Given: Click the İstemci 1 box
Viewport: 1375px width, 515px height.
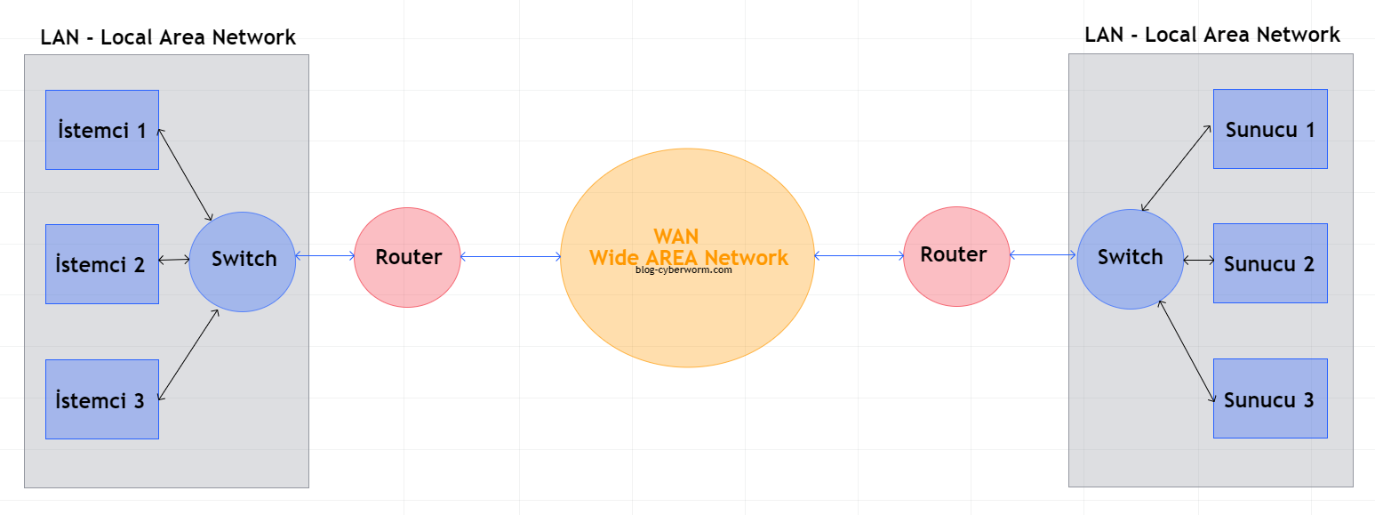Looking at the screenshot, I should click(x=101, y=130).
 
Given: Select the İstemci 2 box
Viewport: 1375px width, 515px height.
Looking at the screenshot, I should click(x=101, y=264).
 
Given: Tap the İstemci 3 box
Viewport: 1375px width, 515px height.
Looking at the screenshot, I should click(x=101, y=399).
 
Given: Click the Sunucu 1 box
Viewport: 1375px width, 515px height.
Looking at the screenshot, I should click(x=1270, y=129).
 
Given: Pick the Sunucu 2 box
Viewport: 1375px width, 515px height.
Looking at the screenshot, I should click(x=1270, y=263).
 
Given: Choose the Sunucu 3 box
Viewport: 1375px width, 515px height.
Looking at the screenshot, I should click(x=1270, y=398).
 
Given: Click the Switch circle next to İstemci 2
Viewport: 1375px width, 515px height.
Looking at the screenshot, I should click(x=243, y=261).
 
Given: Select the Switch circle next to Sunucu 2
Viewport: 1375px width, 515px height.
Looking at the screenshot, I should click(x=1130, y=258).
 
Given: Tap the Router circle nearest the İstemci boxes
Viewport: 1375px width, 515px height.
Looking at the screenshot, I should click(x=408, y=257).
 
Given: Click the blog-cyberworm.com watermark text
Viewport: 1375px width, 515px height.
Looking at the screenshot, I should click(x=684, y=270).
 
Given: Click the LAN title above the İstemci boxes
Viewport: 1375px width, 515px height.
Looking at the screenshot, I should click(x=168, y=37).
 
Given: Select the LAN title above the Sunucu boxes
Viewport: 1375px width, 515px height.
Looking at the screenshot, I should click(x=1212, y=35).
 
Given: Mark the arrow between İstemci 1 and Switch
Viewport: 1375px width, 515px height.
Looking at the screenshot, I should click(x=185, y=174).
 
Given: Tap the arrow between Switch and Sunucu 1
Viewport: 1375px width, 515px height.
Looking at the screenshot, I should click(x=1177, y=168).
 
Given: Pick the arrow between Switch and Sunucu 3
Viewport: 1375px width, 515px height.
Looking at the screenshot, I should click(x=1187, y=352).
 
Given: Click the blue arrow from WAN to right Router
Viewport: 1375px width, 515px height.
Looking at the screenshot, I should click(x=859, y=256).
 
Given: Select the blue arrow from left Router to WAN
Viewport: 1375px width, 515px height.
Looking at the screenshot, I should click(x=510, y=257).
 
